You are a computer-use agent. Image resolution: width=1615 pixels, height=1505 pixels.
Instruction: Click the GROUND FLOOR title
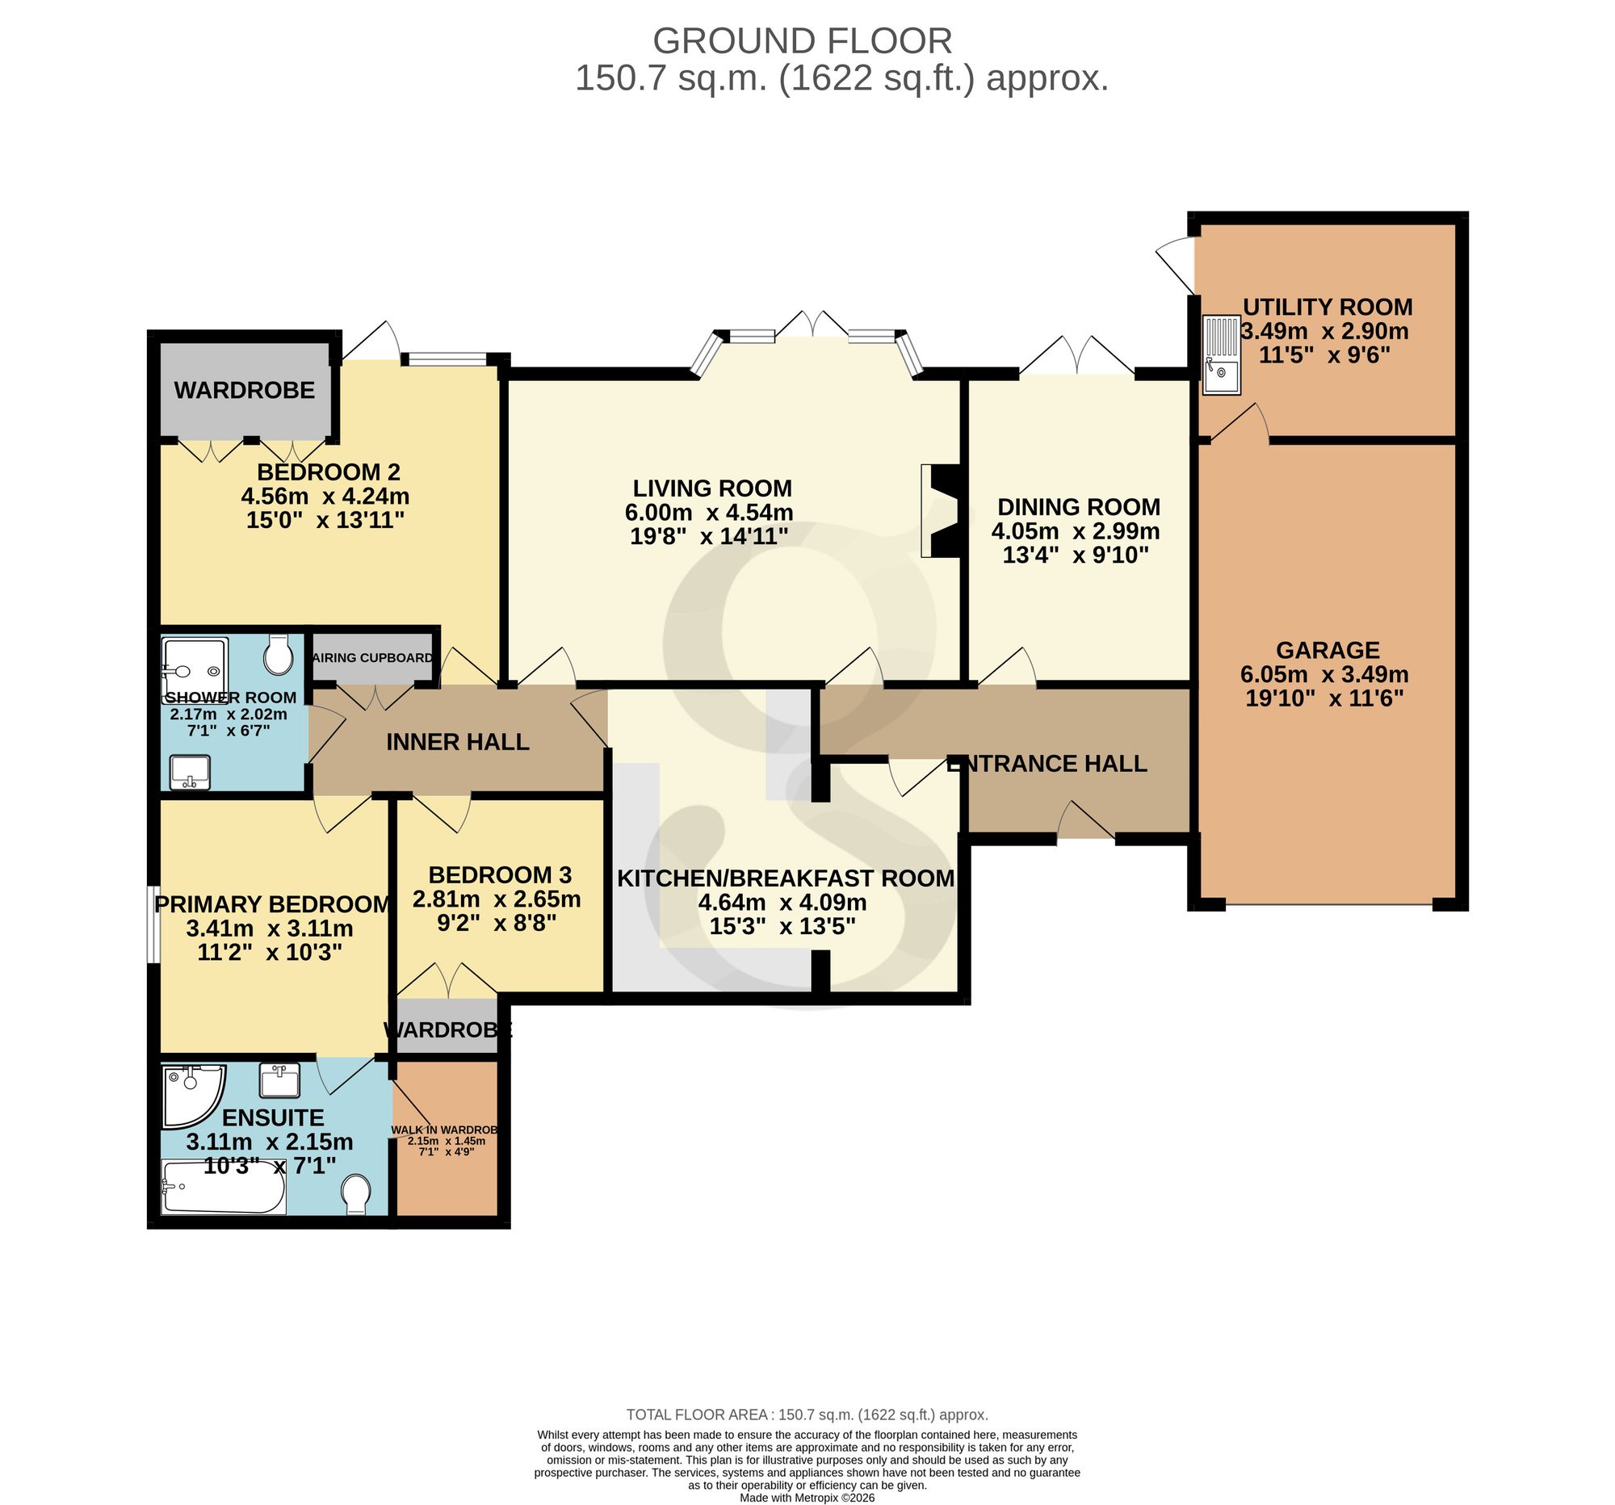(802, 40)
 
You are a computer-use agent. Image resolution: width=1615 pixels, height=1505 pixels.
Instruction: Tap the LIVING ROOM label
(711, 488)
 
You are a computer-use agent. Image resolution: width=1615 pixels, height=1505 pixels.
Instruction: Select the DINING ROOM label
(1078, 507)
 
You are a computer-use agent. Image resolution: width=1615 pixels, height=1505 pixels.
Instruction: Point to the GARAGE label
(1328, 650)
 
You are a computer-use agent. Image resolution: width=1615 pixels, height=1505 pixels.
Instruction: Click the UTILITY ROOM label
(1328, 307)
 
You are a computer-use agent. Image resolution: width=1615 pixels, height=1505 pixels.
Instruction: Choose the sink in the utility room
(1222, 355)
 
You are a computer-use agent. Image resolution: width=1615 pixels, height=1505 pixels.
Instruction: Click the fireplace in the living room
(940, 511)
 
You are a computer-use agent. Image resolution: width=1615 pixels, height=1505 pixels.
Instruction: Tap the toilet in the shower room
(279, 655)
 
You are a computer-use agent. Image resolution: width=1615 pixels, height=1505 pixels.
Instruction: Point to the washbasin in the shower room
(190, 773)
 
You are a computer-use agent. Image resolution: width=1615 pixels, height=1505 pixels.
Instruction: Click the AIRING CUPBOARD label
(373, 658)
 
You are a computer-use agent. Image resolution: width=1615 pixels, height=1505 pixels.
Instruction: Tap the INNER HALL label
(457, 741)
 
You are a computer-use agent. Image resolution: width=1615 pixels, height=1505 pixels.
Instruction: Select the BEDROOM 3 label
(500, 874)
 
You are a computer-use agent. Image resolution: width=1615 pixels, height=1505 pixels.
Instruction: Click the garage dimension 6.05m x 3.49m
(1324, 675)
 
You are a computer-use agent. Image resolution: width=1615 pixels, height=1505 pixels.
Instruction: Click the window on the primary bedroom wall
(152, 924)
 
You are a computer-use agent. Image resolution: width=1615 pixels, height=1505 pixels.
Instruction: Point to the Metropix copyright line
(807, 1498)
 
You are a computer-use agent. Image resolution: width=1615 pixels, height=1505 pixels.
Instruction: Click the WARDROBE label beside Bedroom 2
(244, 391)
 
